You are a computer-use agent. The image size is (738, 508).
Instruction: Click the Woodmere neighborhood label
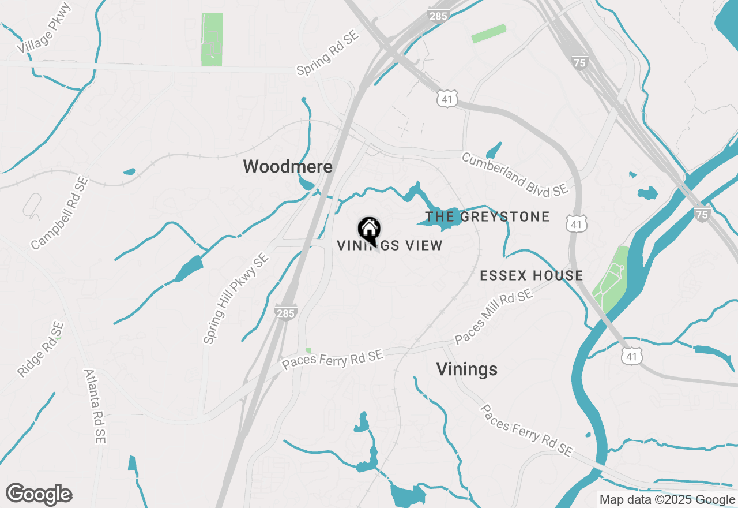coord(288,167)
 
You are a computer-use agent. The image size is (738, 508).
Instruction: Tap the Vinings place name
coord(466,369)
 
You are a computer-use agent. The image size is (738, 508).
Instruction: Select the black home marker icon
coord(369,229)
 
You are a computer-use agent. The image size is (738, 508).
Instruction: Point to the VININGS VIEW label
coord(390,246)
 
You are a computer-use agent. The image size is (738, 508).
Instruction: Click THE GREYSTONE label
coord(487,217)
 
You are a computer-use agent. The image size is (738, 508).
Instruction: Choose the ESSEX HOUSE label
coord(532,276)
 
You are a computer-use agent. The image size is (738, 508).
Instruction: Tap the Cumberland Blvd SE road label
coord(515,173)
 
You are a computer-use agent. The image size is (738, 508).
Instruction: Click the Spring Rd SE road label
coord(327,53)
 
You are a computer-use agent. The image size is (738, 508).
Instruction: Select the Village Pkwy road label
coord(44,28)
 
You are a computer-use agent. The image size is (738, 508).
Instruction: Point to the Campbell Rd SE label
coord(59,214)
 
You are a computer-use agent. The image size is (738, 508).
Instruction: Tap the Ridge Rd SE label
coord(39,350)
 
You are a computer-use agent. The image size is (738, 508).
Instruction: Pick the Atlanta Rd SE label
coord(95,406)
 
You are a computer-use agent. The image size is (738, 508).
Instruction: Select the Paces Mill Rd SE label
coord(493,317)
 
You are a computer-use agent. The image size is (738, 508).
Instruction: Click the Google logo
coord(39,495)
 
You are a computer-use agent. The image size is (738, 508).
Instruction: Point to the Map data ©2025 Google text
coord(667,500)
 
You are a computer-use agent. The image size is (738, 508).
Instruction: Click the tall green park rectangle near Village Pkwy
coord(212,39)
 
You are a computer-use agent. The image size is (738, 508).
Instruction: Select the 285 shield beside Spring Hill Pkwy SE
coord(286,312)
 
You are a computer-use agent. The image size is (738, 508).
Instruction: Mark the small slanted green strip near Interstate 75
coord(489,33)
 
